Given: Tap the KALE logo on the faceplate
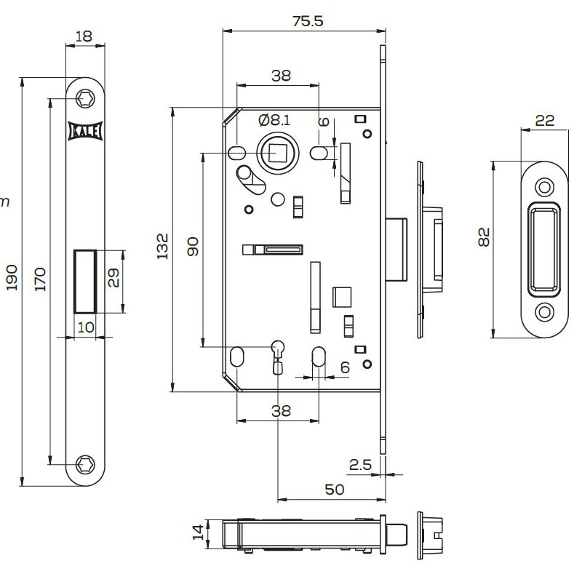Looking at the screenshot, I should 85,130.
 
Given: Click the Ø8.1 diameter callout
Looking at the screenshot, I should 274,119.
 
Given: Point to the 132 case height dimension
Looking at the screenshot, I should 162,247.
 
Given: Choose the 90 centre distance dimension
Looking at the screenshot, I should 193,247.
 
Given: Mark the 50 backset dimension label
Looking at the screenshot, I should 334,490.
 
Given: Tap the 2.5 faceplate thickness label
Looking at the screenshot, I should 360,464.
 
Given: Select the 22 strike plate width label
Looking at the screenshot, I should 545,121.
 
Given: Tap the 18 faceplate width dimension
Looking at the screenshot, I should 85,35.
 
